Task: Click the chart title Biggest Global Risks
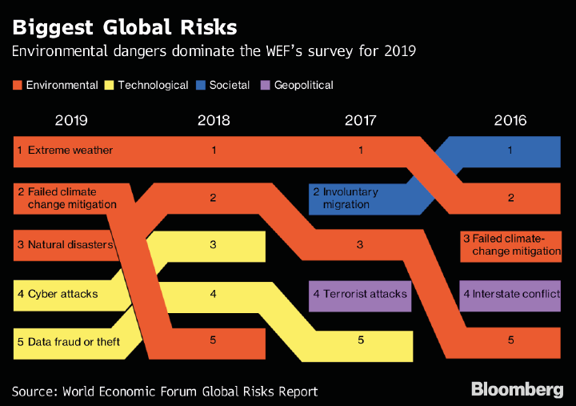[x=125, y=27]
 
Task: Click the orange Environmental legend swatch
[x=18, y=85]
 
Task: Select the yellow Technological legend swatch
[x=110, y=85]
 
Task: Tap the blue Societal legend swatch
[x=201, y=85]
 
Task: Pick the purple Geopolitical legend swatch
[x=266, y=85]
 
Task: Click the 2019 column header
[x=71, y=121]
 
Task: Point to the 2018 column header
[x=213, y=121]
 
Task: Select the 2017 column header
[x=361, y=121]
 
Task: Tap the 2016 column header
[x=510, y=121]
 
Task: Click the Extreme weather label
[x=70, y=150]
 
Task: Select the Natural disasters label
[x=70, y=244]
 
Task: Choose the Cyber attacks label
[x=62, y=294]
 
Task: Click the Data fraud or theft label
[x=73, y=342]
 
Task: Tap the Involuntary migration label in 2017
[x=346, y=199]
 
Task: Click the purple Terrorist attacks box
[x=360, y=294]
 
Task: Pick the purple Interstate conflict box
[x=510, y=294]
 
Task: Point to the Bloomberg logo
[x=517, y=390]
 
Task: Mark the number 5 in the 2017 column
[x=361, y=340]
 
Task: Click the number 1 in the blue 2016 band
[x=510, y=150]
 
